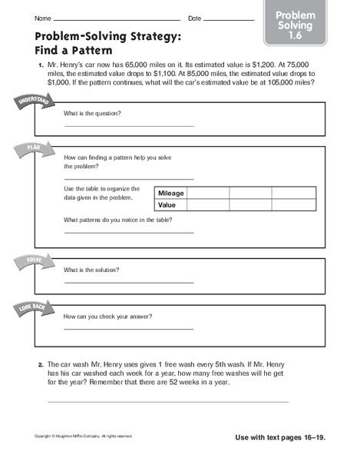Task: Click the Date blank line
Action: tap(230, 18)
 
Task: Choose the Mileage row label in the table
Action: tap(171, 193)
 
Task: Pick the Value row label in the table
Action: tap(167, 206)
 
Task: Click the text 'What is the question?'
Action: tap(93, 113)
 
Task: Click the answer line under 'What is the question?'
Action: tap(129, 125)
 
